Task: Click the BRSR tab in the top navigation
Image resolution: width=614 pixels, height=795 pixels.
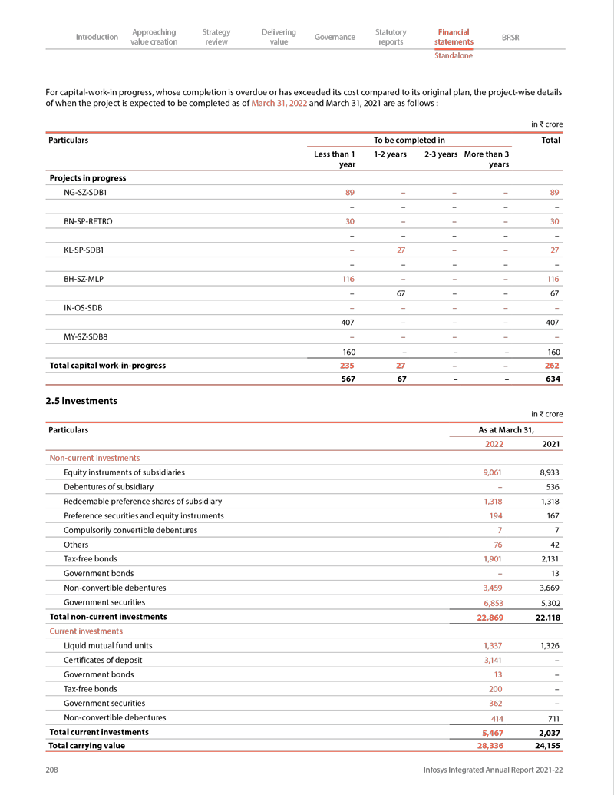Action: tap(510, 37)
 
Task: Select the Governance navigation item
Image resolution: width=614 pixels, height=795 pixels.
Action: tap(335, 37)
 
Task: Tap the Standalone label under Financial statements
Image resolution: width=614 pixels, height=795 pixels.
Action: tap(454, 55)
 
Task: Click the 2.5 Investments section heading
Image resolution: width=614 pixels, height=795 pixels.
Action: tap(81, 400)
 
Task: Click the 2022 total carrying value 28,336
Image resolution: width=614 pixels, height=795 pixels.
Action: tap(490, 745)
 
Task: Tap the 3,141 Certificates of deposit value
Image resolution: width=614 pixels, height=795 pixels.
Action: tap(492, 660)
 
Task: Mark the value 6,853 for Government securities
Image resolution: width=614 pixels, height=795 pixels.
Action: tap(492, 603)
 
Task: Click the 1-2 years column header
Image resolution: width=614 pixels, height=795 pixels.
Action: tap(390, 154)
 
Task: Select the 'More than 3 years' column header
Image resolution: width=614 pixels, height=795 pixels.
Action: tap(487, 159)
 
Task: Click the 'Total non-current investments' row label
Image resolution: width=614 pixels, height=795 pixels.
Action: tap(107, 617)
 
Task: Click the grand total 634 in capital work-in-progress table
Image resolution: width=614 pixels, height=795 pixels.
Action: tap(550, 379)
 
